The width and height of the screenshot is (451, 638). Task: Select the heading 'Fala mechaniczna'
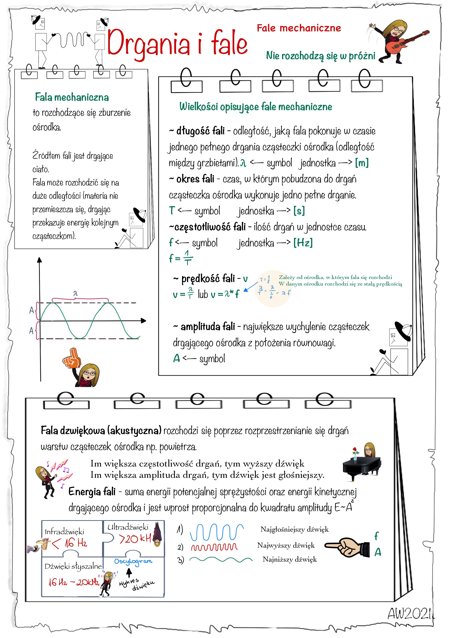coord(72,97)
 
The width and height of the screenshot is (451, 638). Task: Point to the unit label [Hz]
coord(303,243)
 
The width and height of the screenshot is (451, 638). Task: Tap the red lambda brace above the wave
coord(80,299)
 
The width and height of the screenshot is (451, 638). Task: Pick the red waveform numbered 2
coord(214,547)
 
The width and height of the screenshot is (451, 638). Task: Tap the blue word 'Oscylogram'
coord(133,561)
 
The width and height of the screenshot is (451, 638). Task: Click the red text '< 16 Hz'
coord(69,544)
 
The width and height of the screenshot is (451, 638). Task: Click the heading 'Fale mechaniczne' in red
coord(299,28)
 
